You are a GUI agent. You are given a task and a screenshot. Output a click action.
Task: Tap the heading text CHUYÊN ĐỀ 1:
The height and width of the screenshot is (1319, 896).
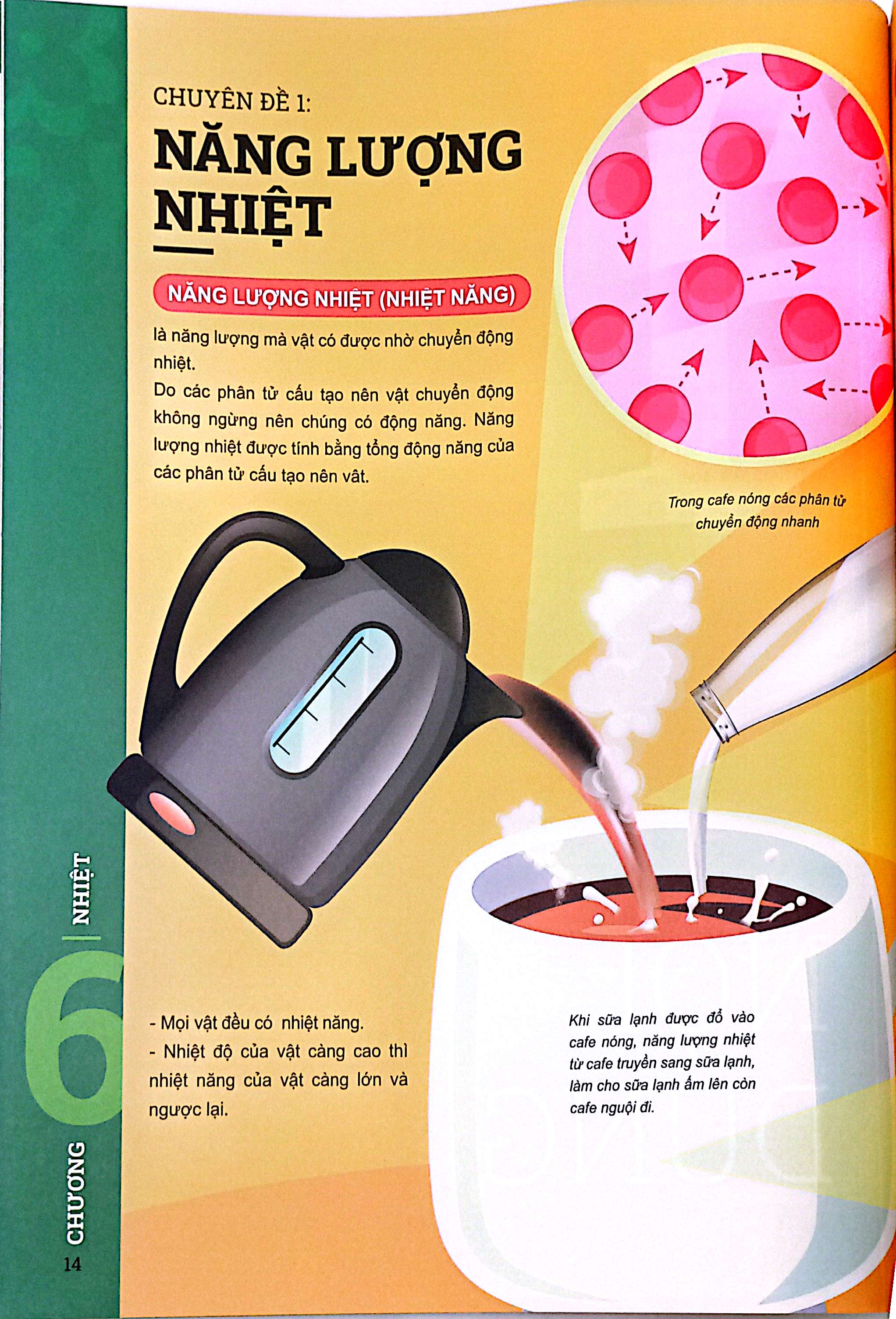[232, 101]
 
